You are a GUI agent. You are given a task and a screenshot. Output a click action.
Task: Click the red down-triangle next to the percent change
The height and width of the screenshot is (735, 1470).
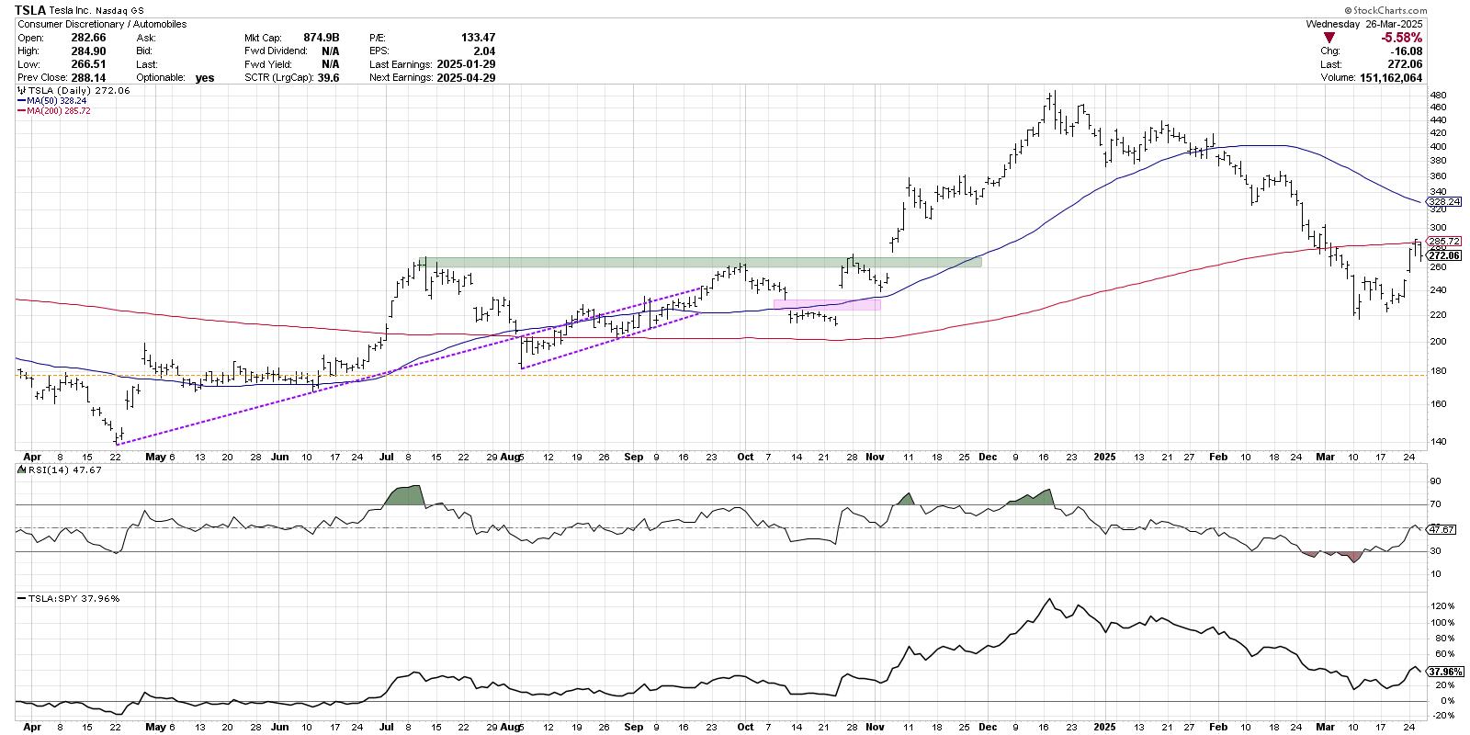(1329, 38)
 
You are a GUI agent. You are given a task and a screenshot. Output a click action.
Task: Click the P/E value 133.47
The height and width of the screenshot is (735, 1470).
(478, 38)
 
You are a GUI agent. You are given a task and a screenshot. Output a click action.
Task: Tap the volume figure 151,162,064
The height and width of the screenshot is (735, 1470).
(1391, 78)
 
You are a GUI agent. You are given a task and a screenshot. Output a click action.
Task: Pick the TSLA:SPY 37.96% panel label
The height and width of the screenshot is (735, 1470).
(62, 598)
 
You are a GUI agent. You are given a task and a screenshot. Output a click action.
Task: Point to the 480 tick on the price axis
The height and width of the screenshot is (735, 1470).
(1437, 95)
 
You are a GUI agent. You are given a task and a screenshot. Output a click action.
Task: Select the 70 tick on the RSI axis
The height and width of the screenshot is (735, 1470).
(1433, 504)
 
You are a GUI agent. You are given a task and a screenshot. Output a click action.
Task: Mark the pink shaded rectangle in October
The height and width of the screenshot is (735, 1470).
(827, 304)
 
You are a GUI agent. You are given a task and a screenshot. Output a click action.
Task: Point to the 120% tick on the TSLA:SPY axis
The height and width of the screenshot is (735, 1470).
(1439, 606)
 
